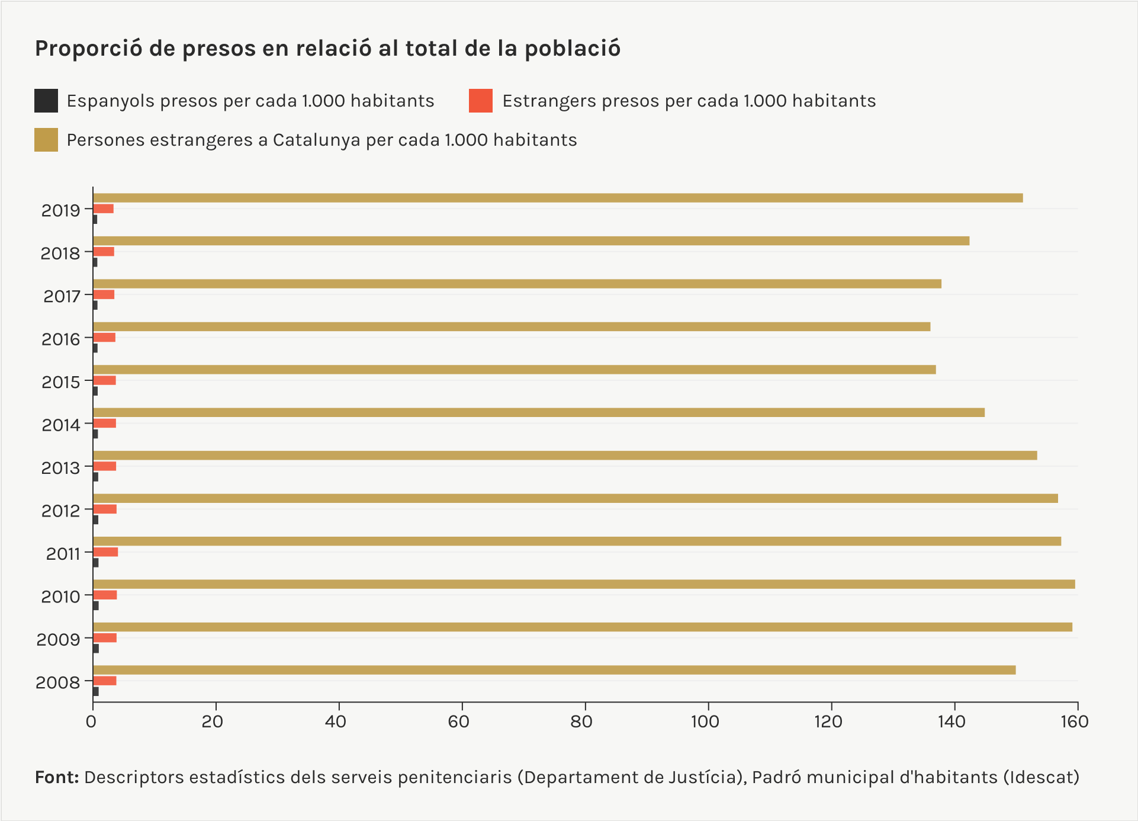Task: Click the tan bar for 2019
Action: point(557,198)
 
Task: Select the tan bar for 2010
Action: point(583,584)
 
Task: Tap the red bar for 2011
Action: point(105,552)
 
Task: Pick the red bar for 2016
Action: point(104,338)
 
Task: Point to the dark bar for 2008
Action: point(96,691)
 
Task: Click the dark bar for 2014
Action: point(95,434)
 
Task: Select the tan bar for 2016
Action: point(511,326)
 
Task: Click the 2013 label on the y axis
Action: point(60,468)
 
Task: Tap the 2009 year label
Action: point(58,640)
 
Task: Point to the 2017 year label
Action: point(62,296)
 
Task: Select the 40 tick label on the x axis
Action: point(336,721)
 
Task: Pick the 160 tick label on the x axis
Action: point(1075,721)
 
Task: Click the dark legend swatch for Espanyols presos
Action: point(46,101)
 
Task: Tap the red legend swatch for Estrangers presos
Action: point(481,101)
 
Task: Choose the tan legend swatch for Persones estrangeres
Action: point(46,140)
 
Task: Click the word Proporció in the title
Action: point(88,49)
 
